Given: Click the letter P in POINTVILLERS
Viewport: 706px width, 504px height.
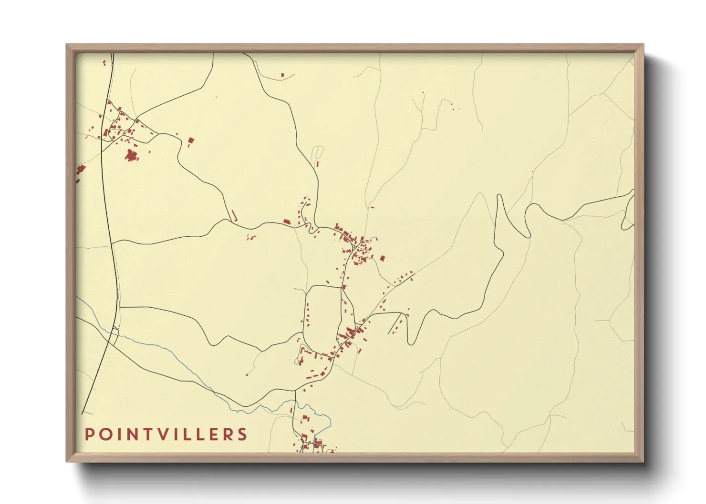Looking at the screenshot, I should [89, 434].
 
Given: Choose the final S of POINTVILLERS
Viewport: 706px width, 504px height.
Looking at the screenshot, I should [243, 434].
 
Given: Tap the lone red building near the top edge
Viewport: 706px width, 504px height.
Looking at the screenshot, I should [282, 75].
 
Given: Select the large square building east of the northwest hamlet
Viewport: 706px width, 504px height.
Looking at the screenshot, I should [191, 140].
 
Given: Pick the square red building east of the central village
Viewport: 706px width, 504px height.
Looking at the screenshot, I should [382, 258].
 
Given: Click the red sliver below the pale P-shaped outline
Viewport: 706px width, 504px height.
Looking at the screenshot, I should [318, 163].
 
